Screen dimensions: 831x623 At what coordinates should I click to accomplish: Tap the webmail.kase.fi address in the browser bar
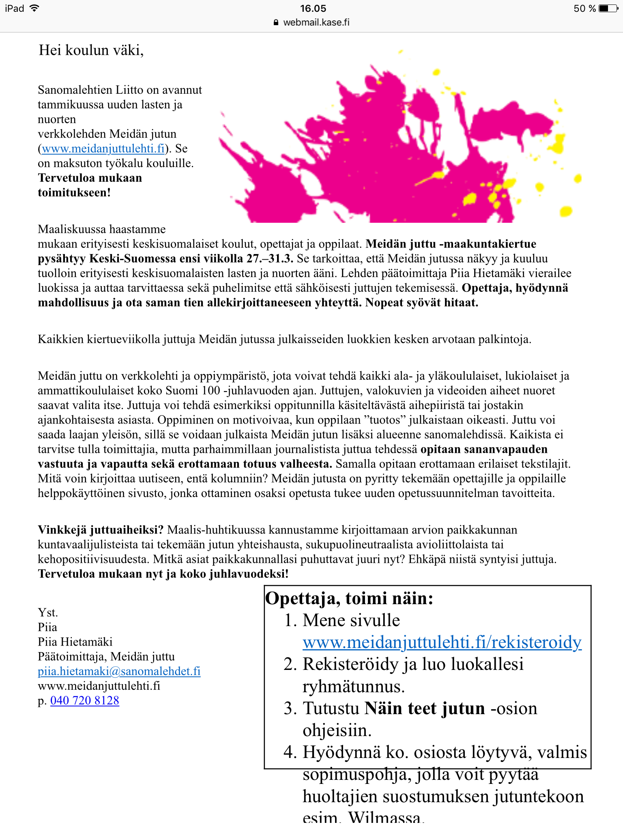316,22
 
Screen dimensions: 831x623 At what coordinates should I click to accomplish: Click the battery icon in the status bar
609,9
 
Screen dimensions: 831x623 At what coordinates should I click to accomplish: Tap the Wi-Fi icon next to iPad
34,8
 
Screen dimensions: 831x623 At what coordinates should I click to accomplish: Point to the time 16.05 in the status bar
313,9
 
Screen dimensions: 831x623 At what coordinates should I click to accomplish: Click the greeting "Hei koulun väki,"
91,50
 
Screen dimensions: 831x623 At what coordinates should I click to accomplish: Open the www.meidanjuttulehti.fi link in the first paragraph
103,149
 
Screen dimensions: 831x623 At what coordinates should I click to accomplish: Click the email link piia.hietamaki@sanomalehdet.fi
119,671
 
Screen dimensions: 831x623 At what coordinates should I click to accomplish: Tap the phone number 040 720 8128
84,700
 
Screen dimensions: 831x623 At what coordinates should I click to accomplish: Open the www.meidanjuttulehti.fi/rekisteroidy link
442,642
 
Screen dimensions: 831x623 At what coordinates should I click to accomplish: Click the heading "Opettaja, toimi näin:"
349,598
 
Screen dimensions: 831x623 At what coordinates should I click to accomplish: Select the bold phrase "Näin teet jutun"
424,708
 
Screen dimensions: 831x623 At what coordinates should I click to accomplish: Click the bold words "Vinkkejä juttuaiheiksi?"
101,530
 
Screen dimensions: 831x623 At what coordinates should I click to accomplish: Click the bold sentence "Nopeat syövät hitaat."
421,303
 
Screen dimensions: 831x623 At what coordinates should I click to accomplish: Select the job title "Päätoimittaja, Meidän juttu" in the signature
106,657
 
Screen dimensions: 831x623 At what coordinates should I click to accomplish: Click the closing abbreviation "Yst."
48,613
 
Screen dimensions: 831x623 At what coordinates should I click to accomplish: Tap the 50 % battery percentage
584,9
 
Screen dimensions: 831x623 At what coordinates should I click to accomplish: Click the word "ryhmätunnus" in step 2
353,687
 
